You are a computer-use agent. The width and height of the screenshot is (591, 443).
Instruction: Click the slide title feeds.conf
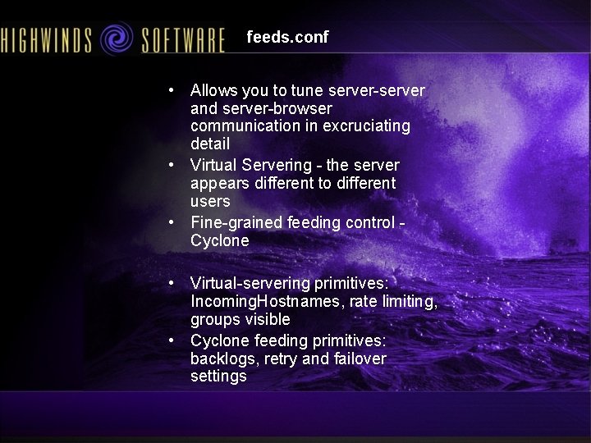pos(287,37)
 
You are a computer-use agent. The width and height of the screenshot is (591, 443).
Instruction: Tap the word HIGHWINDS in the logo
pos(46,39)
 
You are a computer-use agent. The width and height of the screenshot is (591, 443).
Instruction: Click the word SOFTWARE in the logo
pos(183,39)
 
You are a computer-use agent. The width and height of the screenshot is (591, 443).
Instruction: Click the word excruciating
pos(357,126)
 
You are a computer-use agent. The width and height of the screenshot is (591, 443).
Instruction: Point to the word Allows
pos(213,90)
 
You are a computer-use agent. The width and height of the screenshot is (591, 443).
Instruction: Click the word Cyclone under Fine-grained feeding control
pos(219,240)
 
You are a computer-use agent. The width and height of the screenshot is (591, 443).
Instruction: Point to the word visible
pos(266,319)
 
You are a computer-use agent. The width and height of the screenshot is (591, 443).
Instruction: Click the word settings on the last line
pos(218,377)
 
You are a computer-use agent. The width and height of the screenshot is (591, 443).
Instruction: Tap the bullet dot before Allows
pos(169,90)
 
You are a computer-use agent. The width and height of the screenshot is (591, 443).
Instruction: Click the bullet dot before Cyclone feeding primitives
pos(169,340)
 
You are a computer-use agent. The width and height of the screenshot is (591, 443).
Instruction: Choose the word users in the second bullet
pos(210,201)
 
